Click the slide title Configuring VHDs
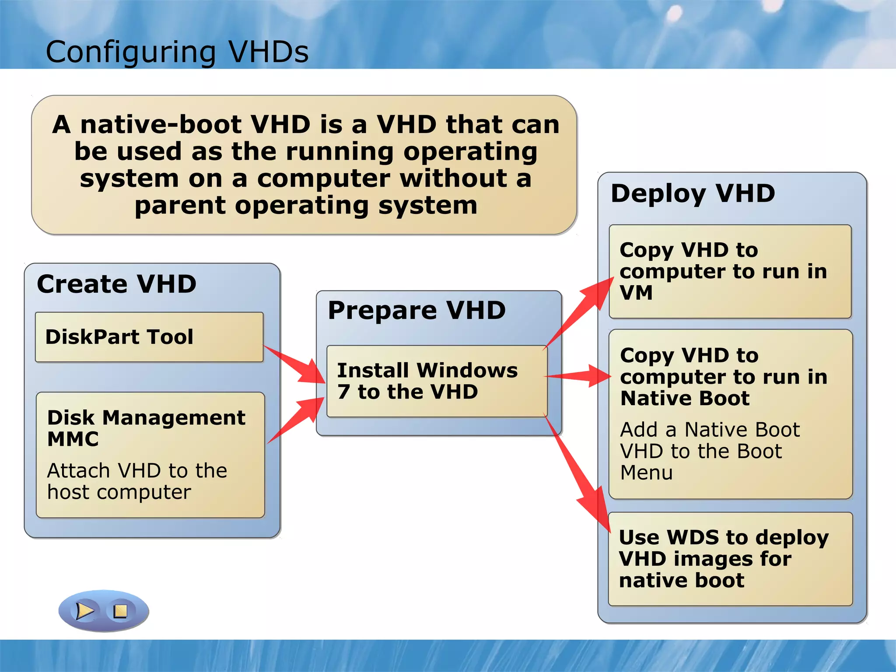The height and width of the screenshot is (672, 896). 177,52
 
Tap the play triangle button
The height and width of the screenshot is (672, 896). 84,611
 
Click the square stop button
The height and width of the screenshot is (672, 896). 120,611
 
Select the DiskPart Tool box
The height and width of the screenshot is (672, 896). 149,337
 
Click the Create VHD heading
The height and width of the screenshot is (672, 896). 116,284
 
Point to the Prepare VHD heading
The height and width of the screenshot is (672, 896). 416,311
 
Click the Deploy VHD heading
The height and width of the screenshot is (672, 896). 693,193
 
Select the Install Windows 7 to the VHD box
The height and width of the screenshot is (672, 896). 436,381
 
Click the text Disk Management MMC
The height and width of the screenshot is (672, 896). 146,428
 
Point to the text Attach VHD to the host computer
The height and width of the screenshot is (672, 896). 136,481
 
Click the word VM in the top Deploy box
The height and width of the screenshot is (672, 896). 636,292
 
